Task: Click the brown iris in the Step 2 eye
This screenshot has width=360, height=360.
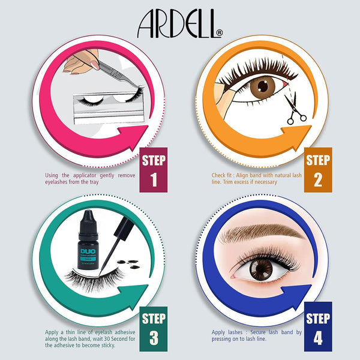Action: click(262, 88)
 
